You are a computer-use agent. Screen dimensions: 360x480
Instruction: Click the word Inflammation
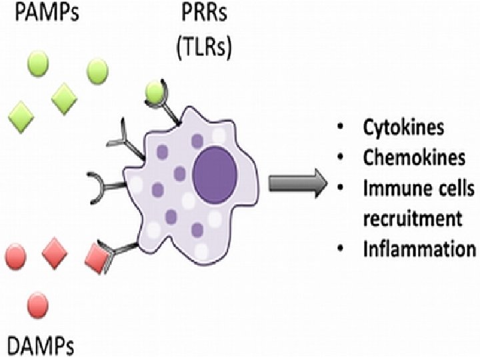coord(419,249)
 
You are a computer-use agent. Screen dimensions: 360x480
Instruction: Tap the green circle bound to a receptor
coord(154,93)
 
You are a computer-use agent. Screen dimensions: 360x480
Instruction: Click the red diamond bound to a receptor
coord(99,257)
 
